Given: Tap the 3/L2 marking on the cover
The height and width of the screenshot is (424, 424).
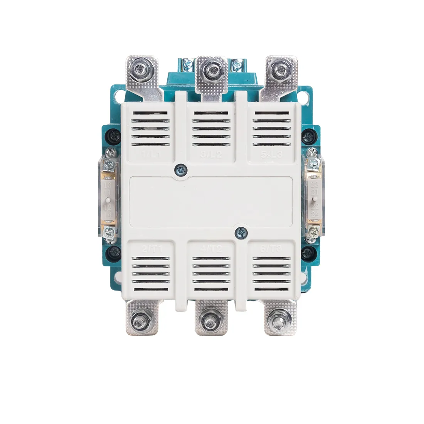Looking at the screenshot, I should (x=211, y=155).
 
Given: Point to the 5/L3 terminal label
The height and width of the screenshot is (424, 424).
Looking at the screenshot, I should (x=271, y=155).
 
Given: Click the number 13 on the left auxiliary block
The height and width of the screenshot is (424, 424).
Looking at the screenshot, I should (x=108, y=186).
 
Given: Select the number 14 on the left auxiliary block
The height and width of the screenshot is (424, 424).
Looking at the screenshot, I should (x=108, y=215).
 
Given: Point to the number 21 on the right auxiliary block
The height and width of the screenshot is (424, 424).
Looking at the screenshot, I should (x=315, y=192).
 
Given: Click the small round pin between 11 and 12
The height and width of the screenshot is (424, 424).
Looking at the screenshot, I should (x=108, y=200).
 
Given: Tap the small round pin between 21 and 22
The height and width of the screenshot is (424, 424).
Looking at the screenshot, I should (x=315, y=199).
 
